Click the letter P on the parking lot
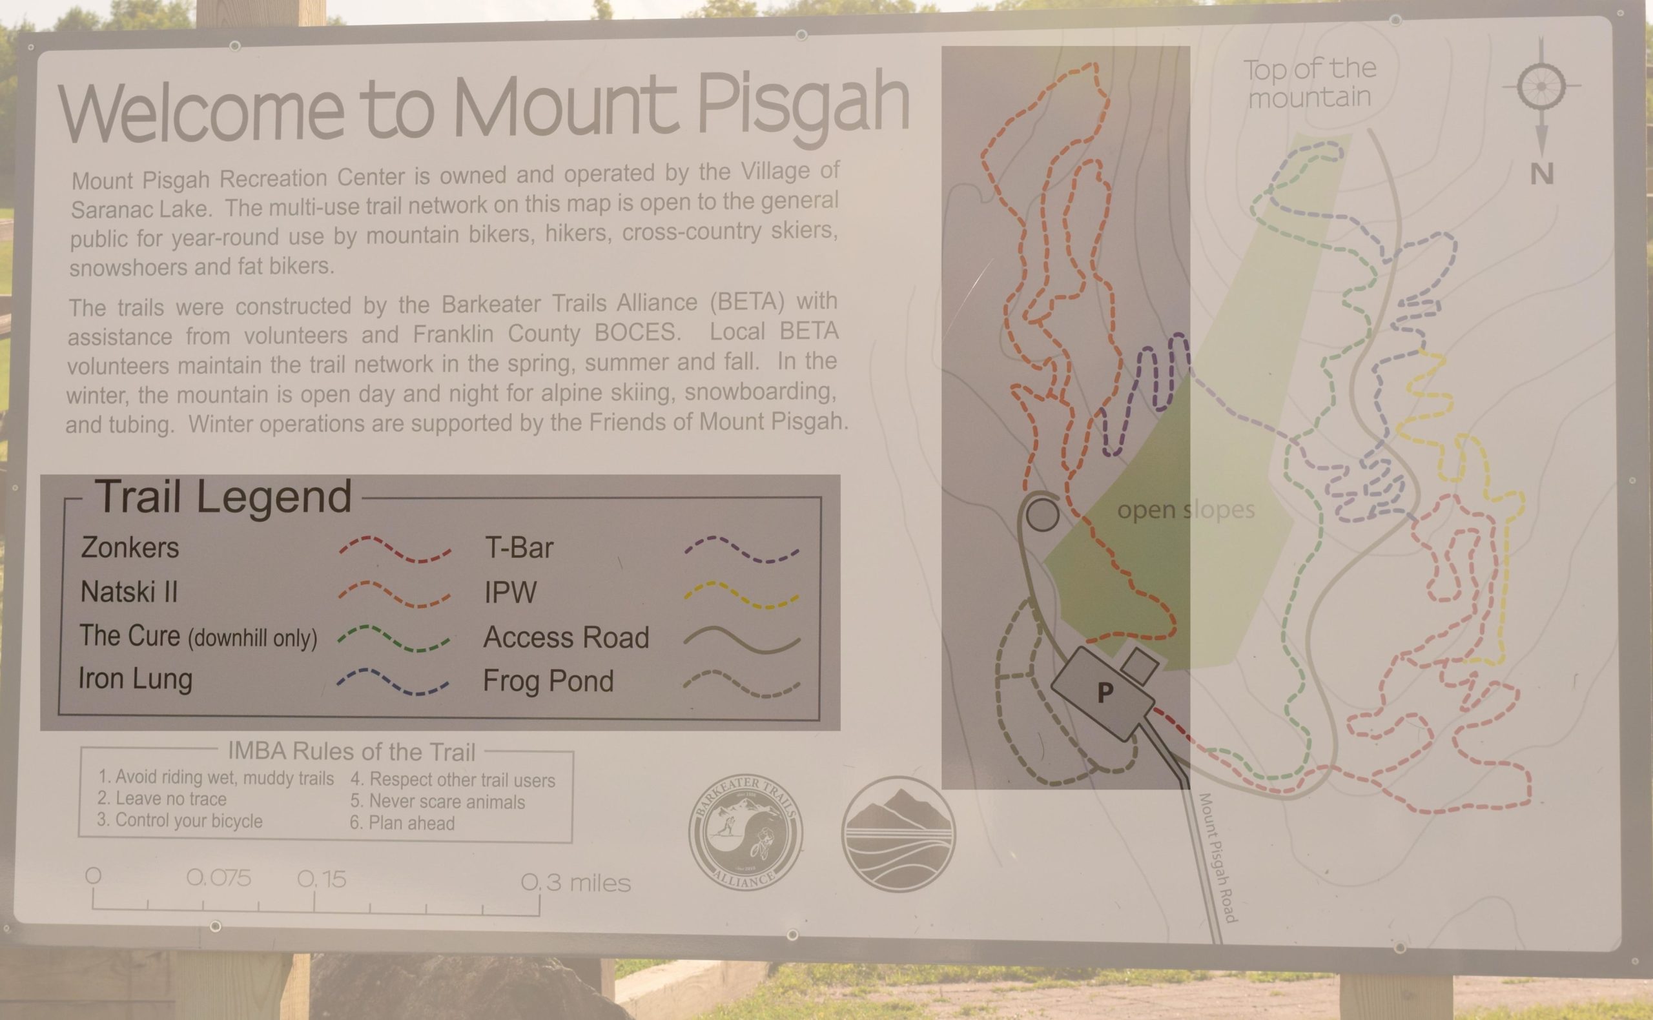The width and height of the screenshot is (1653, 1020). (x=1104, y=692)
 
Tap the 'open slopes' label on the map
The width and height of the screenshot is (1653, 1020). (x=1186, y=510)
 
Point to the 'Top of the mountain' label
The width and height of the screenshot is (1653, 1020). (x=1308, y=83)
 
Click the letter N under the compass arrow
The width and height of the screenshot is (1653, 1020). (x=1542, y=175)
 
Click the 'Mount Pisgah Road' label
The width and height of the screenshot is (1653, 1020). (x=1217, y=857)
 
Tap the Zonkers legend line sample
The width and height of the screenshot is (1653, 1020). (x=395, y=549)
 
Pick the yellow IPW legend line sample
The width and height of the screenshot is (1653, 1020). (x=741, y=595)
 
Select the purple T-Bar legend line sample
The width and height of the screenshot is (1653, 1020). (x=741, y=549)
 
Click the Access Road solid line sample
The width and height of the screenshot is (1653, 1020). (x=741, y=640)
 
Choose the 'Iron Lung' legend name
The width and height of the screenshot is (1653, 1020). (x=136, y=679)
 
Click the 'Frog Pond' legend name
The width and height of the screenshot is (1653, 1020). (x=548, y=680)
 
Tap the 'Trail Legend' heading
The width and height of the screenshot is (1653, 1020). (x=223, y=497)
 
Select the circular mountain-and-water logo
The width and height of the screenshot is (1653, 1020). (x=899, y=833)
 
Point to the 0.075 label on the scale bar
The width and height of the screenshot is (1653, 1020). (x=219, y=878)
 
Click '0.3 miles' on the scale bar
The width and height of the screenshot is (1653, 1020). (x=575, y=882)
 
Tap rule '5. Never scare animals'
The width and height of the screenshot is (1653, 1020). (x=437, y=801)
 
